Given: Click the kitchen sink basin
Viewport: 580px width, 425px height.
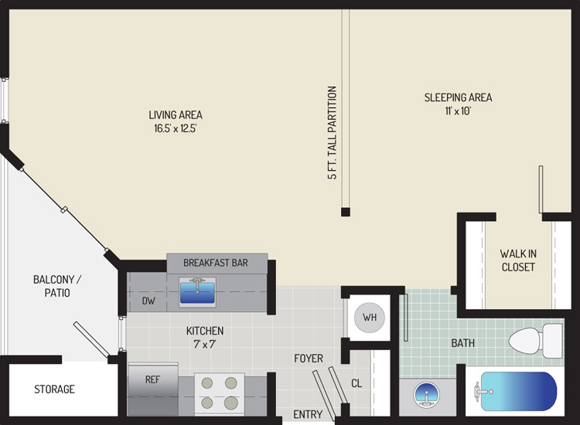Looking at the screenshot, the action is click(197, 292).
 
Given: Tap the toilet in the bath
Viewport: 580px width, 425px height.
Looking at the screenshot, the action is click(536, 341).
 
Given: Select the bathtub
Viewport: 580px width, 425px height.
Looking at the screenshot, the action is click(515, 391).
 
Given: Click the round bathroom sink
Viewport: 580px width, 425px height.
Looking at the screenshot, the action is click(426, 395).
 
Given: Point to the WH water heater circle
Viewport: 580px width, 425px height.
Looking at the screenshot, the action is click(370, 317).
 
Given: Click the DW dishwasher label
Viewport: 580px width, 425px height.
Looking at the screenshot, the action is click(148, 301).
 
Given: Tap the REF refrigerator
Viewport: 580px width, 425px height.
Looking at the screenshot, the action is click(153, 389).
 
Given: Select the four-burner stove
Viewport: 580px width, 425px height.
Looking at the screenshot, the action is click(220, 394).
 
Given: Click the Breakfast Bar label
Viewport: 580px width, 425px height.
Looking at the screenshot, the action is click(216, 263).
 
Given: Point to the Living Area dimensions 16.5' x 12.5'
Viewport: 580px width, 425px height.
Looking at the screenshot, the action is click(176, 128).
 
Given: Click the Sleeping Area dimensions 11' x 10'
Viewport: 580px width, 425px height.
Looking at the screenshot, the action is click(458, 110).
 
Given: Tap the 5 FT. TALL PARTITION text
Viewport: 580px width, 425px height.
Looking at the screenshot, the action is click(333, 133).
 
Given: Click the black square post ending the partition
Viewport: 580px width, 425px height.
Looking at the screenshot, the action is click(346, 212).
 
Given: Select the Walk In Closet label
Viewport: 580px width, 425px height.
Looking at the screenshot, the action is click(518, 260).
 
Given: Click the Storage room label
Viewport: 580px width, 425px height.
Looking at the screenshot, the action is click(54, 389).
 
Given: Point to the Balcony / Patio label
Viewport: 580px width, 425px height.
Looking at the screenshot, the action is click(57, 286).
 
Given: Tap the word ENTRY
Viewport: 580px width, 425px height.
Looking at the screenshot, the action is click(308, 415).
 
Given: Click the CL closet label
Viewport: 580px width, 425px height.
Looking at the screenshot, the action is click(357, 383).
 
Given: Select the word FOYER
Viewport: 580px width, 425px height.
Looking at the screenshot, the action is click(309, 358).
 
